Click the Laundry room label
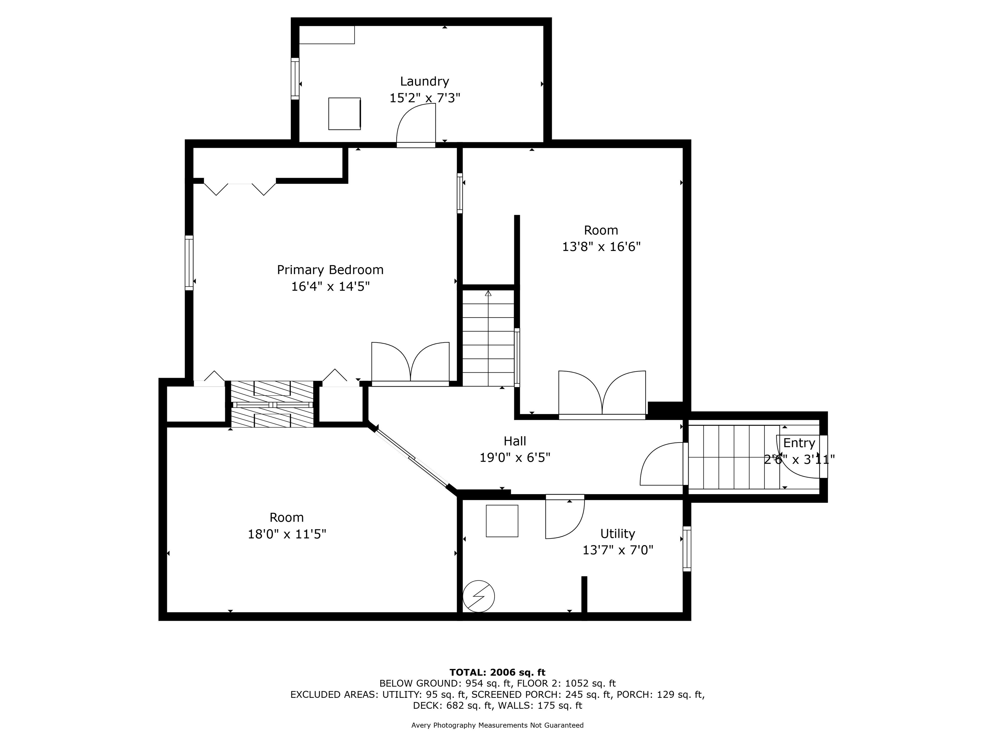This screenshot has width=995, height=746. point(424,81)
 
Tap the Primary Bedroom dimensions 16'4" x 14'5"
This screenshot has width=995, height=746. point(330,287)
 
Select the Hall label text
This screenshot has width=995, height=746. point(515,441)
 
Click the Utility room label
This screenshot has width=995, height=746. point(617,533)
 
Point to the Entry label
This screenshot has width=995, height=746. point(799,443)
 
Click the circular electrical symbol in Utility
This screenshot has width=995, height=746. point(479,597)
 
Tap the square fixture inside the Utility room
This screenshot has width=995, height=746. point(502,521)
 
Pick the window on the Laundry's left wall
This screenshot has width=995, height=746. point(295,79)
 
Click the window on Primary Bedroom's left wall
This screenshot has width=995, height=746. point(189,263)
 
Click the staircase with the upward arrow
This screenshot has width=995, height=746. point(488,338)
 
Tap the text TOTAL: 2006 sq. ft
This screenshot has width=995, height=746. point(497,672)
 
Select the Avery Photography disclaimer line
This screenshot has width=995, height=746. point(497,725)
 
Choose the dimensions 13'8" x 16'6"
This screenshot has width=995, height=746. point(601,247)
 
